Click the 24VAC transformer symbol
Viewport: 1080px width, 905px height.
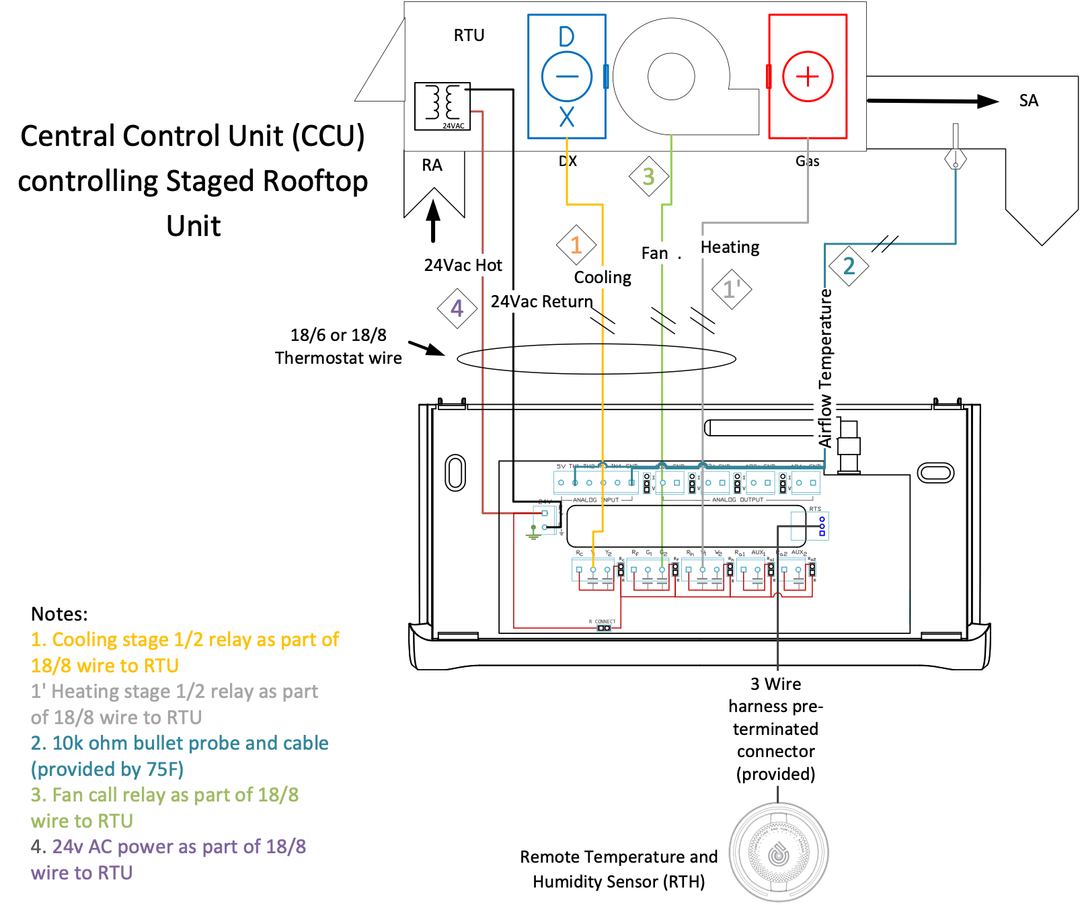pos(442,106)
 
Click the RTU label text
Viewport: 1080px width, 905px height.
pos(469,35)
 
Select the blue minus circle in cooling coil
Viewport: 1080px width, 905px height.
pos(566,76)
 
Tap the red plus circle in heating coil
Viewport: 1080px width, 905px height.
pos(808,76)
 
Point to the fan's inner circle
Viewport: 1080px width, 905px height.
pos(670,76)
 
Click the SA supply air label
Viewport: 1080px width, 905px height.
pos(1028,101)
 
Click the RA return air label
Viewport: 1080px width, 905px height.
pos(432,165)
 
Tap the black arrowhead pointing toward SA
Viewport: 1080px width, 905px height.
pos(987,102)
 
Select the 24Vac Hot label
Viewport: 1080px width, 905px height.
pos(463,265)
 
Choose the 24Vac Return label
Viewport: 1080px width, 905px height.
pos(541,301)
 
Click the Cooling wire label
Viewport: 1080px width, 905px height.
pos(603,277)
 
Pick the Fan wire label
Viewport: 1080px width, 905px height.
pos(656,253)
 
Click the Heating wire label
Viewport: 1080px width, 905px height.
pos(730,247)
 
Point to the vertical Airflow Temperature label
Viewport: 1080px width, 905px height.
pos(825,368)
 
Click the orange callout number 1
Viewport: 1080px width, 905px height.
pos(576,245)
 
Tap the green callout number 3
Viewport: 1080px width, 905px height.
pos(648,177)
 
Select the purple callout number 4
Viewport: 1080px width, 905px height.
pos(457,308)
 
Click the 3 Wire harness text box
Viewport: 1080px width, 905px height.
pos(775,728)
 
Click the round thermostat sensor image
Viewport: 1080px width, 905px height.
pos(778,851)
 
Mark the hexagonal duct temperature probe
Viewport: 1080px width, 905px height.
pos(955,159)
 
